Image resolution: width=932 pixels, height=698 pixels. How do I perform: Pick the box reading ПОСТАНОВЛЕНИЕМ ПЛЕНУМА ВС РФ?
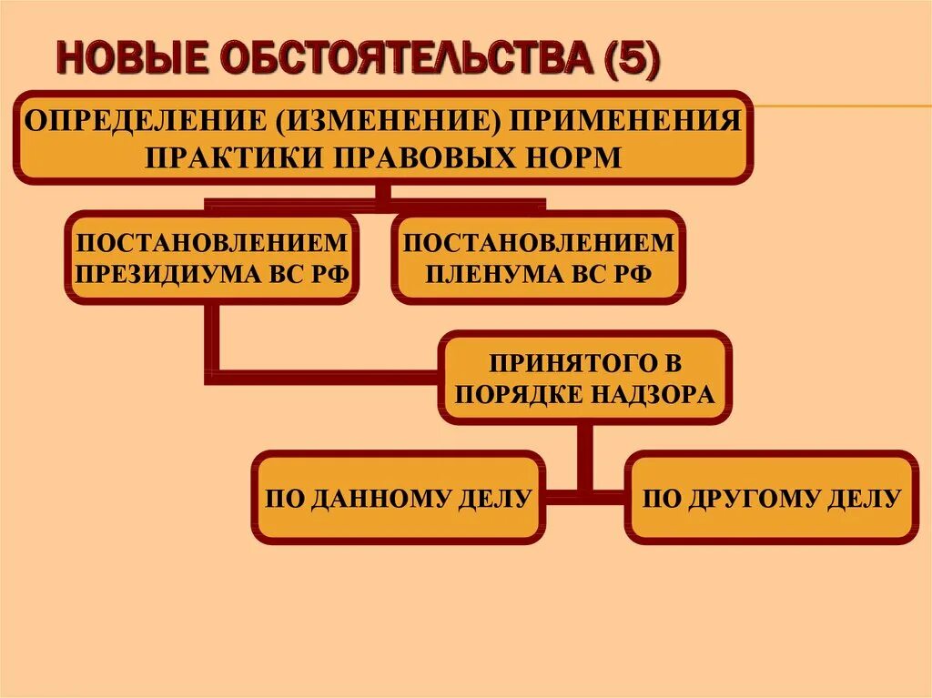pyautogui.click(x=538, y=258)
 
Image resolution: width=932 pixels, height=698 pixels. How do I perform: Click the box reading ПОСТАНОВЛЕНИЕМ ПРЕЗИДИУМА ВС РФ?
pyautogui.click(x=211, y=258)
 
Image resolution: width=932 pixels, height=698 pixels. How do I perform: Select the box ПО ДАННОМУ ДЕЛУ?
pyautogui.click(x=399, y=497)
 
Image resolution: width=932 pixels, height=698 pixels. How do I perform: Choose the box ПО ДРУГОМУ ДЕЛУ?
pyautogui.click(x=772, y=497)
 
